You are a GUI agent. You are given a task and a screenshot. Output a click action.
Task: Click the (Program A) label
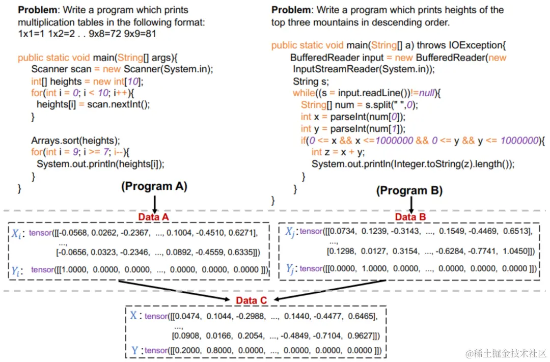click(154, 186)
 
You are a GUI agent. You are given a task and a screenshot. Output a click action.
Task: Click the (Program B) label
click(409, 190)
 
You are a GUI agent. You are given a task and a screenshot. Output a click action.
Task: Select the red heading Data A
click(154, 217)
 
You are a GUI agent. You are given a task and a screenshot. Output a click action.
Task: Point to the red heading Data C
click(251, 300)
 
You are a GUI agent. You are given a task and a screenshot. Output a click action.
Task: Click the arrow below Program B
click(410, 204)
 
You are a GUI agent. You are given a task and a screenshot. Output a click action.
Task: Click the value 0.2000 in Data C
click(187, 350)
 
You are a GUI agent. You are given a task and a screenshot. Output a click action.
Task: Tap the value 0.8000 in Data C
click(220, 350)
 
